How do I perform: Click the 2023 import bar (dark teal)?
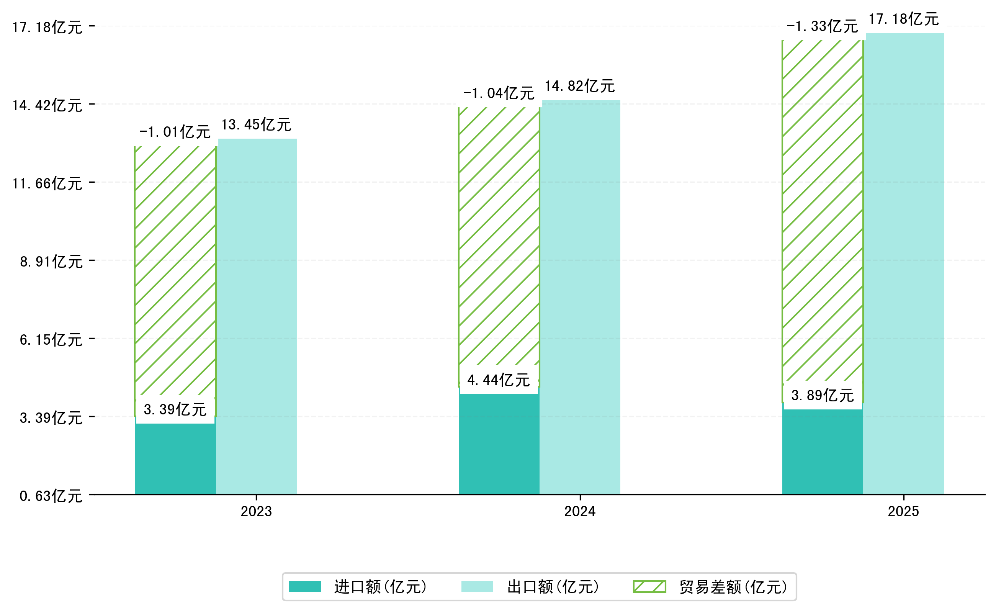(175, 460)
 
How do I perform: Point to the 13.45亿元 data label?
(256, 125)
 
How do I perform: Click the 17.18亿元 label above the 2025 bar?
(903, 19)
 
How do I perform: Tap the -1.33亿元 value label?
(822, 26)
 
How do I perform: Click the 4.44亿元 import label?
(499, 380)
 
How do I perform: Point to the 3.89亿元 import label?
(823, 396)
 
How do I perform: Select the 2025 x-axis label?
(903, 512)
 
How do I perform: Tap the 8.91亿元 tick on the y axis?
(51, 262)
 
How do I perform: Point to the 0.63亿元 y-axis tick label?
(51, 496)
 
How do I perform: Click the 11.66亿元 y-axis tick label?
(47, 184)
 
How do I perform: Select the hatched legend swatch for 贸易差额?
(649, 586)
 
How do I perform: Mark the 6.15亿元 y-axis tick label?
(51, 340)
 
